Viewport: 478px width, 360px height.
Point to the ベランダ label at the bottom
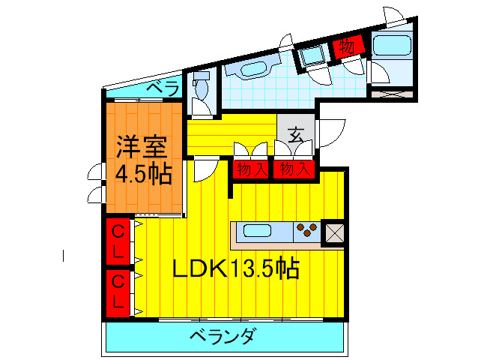pyautogui.click(x=221, y=335)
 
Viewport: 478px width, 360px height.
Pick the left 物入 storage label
pyautogui.click(x=252, y=169)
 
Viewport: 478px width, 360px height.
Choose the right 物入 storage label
pyautogui.click(x=293, y=169)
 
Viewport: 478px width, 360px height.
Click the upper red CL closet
pyautogui.click(x=118, y=240)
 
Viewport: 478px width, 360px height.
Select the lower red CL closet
pyautogui.click(x=118, y=291)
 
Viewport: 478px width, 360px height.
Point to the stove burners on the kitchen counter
pyautogui.click(x=306, y=230)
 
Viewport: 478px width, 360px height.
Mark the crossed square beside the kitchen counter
pyautogui.click(x=332, y=232)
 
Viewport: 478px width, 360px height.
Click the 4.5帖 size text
pyautogui.click(x=143, y=174)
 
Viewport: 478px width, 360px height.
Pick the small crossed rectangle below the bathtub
pyautogui.click(x=393, y=95)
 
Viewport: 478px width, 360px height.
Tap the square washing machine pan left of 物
pyautogui.click(x=309, y=55)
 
